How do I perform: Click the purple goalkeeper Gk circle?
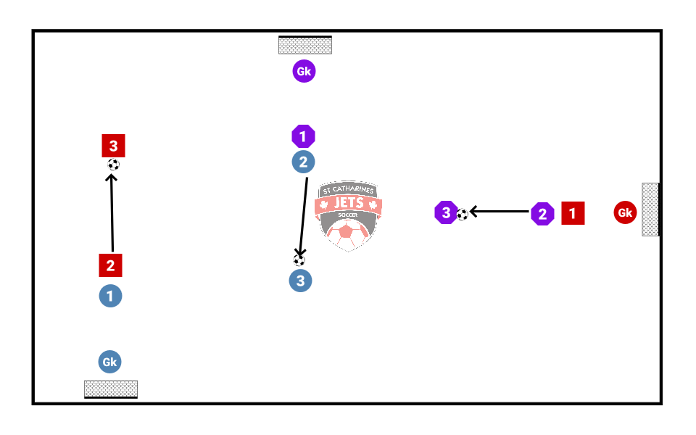tap(304, 71)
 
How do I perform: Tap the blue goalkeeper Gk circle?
tap(109, 362)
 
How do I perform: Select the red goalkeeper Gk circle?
tap(625, 212)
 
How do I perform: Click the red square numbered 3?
tap(114, 146)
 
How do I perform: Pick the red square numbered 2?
tap(110, 265)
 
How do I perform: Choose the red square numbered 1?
tap(573, 213)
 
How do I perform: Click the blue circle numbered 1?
tap(110, 296)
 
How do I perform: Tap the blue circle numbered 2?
tap(304, 162)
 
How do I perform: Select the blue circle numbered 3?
tap(300, 281)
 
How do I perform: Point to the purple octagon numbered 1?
tap(303, 136)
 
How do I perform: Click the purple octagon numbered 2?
tap(542, 214)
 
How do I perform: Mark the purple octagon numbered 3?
tap(445, 213)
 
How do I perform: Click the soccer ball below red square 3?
tap(113, 165)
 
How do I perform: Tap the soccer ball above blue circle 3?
tap(299, 260)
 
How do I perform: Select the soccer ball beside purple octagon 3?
tap(462, 215)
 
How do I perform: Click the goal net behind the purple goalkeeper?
tap(305, 45)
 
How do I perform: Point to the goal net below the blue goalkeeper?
tap(111, 389)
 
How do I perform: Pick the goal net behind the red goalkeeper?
tap(650, 210)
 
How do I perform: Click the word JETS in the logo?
tap(349, 204)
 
